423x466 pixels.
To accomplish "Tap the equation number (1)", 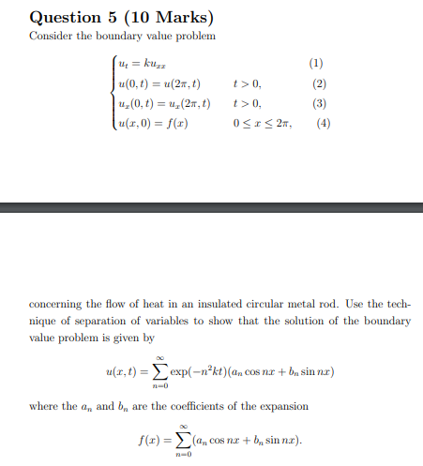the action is click(x=315, y=64).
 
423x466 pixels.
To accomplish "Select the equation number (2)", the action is click(x=315, y=83).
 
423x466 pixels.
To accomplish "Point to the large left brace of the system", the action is click(x=115, y=94).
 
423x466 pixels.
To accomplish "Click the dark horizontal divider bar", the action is click(x=211, y=209).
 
